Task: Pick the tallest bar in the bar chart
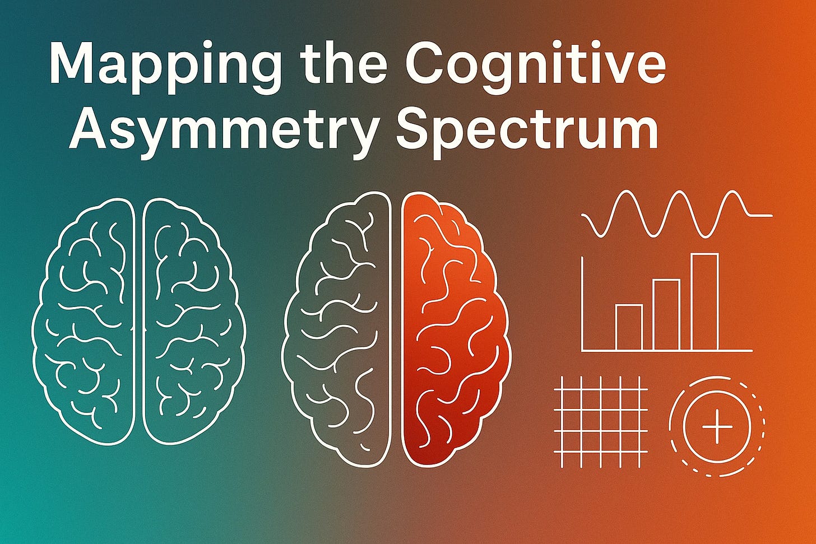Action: tap(704, 303)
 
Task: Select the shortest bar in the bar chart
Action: tap(629, 328)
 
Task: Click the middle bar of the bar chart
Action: tap(666, 315)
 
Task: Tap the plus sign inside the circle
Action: tap(717, 426)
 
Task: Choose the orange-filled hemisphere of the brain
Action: tap(454, 331)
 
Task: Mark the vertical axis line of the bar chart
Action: tap(583, 303)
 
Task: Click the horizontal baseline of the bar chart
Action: tap(667, 351)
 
